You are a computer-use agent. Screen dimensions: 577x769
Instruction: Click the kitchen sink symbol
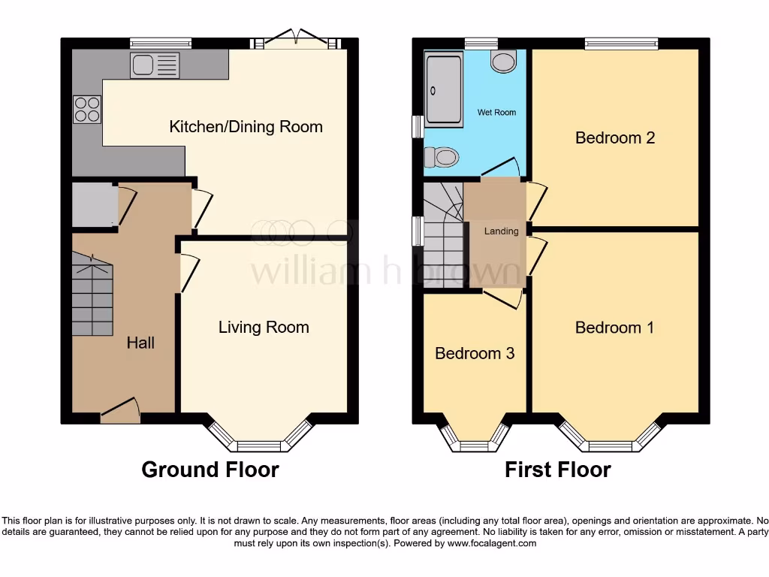pyautogui.click(x=155, y=65)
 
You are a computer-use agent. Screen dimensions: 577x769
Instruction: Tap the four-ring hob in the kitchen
pyautogui.click(x=86, y=110)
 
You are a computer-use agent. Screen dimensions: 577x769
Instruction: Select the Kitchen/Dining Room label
pyautogui.click(x=246, y=126)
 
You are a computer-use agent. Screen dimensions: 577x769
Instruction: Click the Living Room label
pyautogui.click(x=264, y=327)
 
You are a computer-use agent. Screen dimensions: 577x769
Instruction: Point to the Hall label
pyautogui.click(x=140, y=343)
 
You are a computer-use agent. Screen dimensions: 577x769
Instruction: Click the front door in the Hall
pyautogui.click(x=120, y=412)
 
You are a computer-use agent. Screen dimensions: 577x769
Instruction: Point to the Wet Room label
pyautogui.click(x=496, y=113)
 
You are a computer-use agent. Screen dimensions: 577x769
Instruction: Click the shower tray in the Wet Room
pyautogui.click(x=444, y=90)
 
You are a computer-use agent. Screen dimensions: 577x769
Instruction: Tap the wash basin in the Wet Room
pyautogui.click(x=504, y=61)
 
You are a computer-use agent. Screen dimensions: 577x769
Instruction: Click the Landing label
pyautogui.click(x=501, y=231)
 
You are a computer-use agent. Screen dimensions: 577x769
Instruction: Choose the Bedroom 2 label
pyautogui.click(x=615, y=137)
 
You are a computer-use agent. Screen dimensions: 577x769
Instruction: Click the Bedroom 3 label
pyautogui.click(x=475, y=353)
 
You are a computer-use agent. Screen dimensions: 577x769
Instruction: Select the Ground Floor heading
pyautogui.click(x=210, y=470)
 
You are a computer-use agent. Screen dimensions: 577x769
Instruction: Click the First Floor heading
pyautogui.click(x=557, y=470)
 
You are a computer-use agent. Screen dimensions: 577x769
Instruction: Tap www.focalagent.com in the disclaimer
pyautogui.click(x=493, y=543)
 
